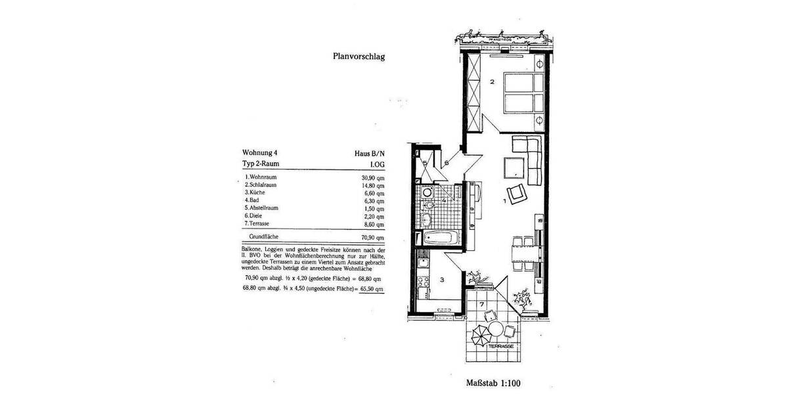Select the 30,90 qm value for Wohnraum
pyautogui.click(x=371, y=177)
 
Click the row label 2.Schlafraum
pyautogui.click(x=261, y=185)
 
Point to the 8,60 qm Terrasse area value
pyautogui.click(x=372, y=224)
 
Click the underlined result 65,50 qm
pyautogui.click(x=371, y=289)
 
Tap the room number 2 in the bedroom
pyautogui.click(x=492, y=82)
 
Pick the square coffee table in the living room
pyautogui.click(x=514, y=169)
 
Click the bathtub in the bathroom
pyautogui.click(x=437, y=238)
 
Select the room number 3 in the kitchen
pyautogui.click(x=443, y=280)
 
